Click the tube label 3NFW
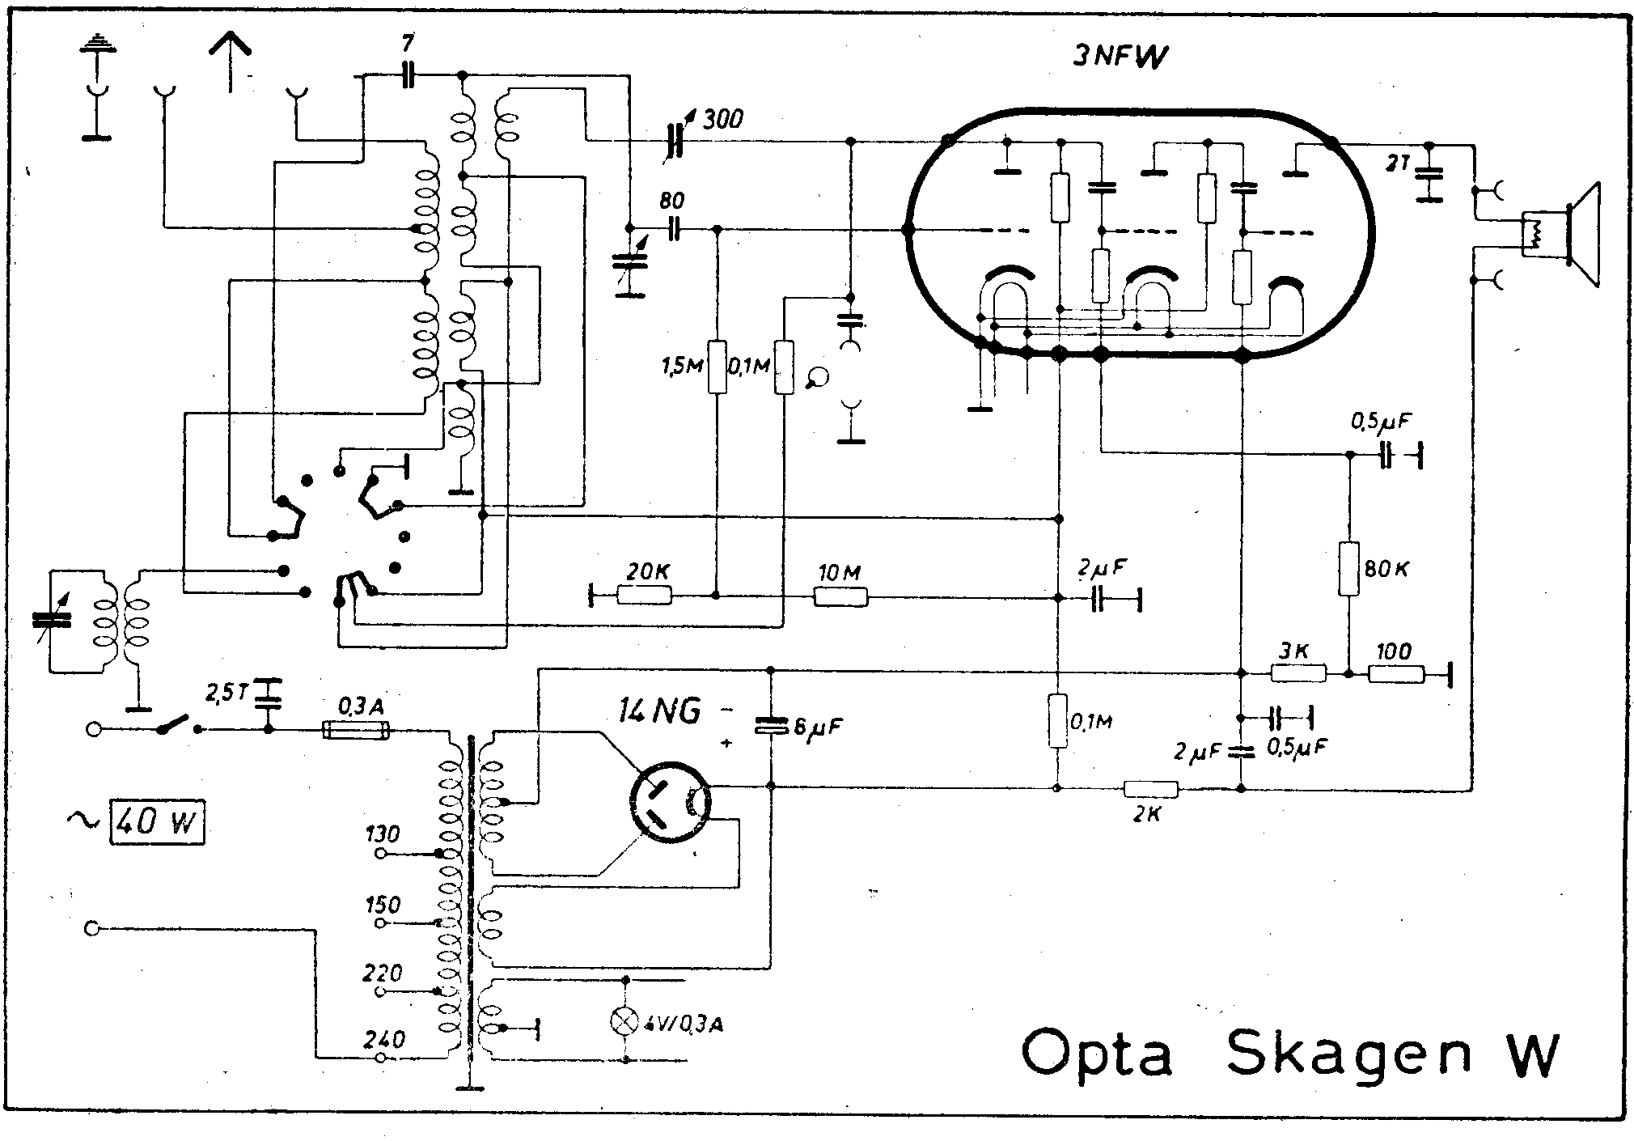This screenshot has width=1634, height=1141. pos(1121,57)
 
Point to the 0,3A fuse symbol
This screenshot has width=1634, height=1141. pos(356,731)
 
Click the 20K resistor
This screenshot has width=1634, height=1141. pos(644,596)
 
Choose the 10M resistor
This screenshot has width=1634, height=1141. pos(840,597)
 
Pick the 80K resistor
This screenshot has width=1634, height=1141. pos(1348,569)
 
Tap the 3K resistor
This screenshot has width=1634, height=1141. pos(1298,673)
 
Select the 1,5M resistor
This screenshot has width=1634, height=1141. pos(717,368)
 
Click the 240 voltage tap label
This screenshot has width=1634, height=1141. pos(384,1040)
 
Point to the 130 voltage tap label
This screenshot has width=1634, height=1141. pos(383,834)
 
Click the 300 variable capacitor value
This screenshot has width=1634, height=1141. pos(723,121)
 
